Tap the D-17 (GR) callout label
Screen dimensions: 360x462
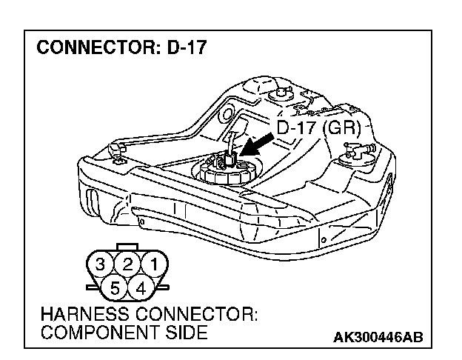click(318, 127)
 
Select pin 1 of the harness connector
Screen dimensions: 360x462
click(153, 263)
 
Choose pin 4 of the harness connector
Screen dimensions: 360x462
click(141, 285)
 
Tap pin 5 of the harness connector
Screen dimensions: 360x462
click(115, 285)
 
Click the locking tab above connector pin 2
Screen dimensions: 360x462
click(127, 247)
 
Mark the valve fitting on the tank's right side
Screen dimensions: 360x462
click(358, 153)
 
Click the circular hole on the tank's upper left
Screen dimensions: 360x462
click(226, 115)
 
